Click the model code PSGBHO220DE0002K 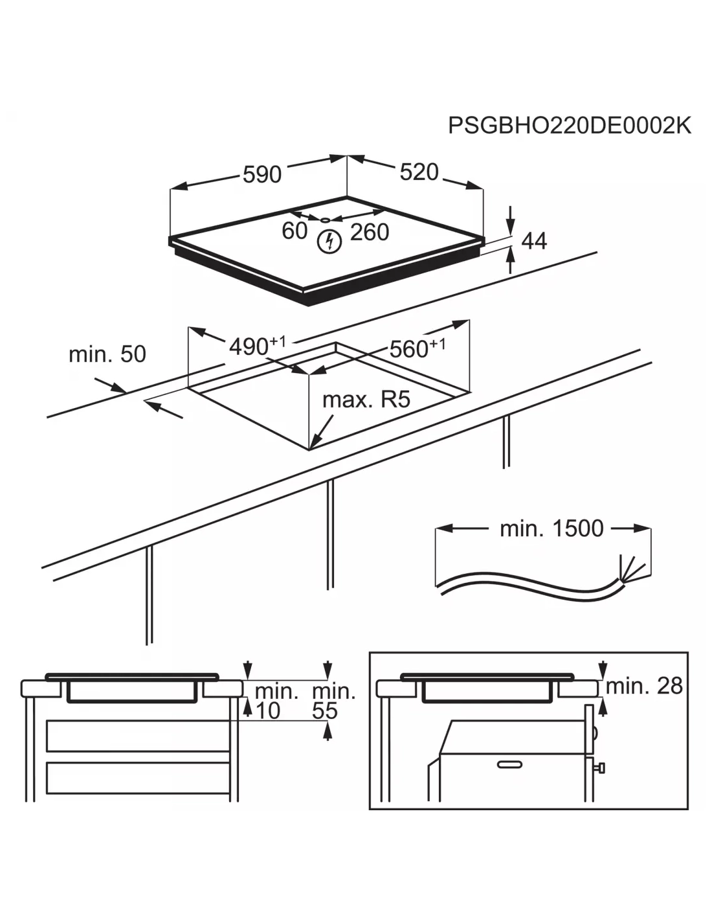pyautogui.click(x=570, y=125)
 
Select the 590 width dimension pyautogui.click(x=262, y=174)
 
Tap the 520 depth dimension pyautogui.click(x=419, y=172)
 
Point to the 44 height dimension pyautogui.click(x=534, y=241)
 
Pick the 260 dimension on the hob pyautogui.click(x=370, y=232)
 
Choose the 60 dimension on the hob pyautogui.click(x=295, y=231)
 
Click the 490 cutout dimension pyautogui.click(x=250, y=347)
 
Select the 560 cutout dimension pyautogui.click(x=410, y=350)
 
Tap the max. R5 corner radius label pyautogui.click(x=366, y=400)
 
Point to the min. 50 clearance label pyautogui.click(x=107, y=354)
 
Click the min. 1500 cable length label pyautogui.click(x=551, y=529)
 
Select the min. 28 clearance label pyautogui.click(x=644, y=686)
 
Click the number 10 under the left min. pyautogui.click(x=268, y=711)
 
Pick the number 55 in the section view pyautogui.click(x=325, y=711)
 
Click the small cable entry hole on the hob pyautogui.click(x=324, y=220)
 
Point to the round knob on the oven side pyautogui.click(x=601, y=767)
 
